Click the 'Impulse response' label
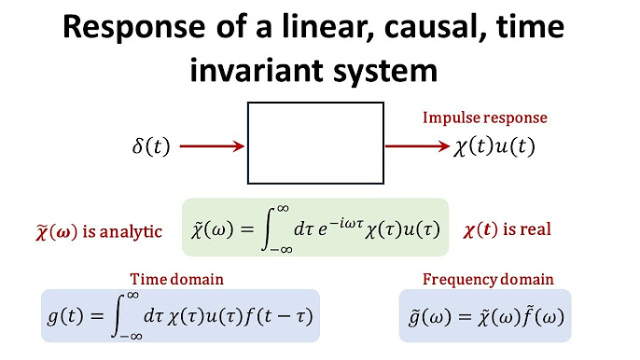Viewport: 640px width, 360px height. coord(485,118)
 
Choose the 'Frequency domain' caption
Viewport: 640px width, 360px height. coord(488,279)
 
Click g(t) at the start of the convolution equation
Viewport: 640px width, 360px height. coord(65,314)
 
